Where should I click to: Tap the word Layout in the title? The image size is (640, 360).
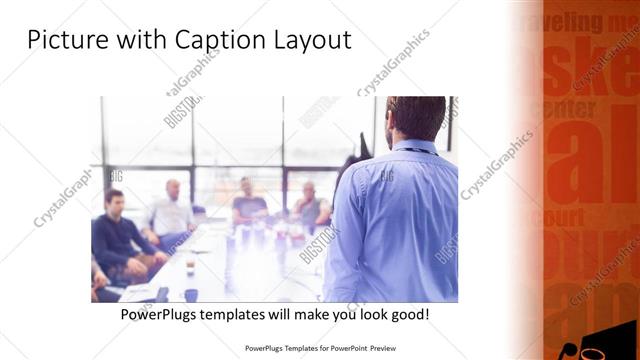[x=310, y=41]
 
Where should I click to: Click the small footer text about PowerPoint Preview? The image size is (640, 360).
[x=320, y=350]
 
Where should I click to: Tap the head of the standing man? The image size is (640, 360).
[x=416, y=117]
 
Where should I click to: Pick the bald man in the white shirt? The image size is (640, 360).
[x=171, y=212]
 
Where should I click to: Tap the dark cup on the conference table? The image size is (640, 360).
[x=190, y=295]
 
